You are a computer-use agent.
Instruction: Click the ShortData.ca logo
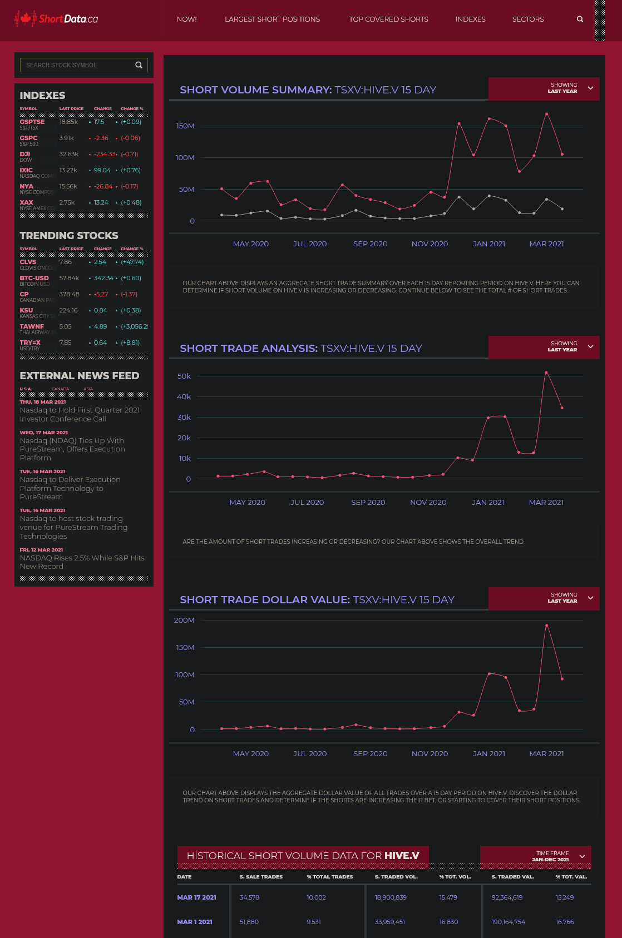56,19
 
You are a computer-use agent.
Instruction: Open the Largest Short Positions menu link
272,19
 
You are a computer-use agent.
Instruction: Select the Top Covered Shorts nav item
388,19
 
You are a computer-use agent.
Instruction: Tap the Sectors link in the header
527,19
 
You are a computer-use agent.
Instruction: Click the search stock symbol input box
78,65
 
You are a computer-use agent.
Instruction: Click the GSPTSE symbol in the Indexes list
32,122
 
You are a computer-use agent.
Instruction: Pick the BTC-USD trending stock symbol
34,278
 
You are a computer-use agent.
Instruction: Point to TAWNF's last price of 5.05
66,326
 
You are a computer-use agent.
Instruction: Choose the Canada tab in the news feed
60,389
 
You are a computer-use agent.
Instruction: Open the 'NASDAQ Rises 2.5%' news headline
82,562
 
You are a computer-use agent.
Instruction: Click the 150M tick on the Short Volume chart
185,126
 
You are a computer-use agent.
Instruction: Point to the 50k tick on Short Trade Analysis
184,376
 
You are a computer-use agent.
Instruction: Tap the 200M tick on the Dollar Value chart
184,621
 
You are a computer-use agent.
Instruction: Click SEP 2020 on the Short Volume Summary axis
370,244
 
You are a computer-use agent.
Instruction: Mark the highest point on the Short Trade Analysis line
546,373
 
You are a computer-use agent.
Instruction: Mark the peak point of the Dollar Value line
547,626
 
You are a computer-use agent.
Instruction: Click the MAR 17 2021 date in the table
196,897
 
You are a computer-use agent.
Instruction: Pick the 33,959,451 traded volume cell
389,922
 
